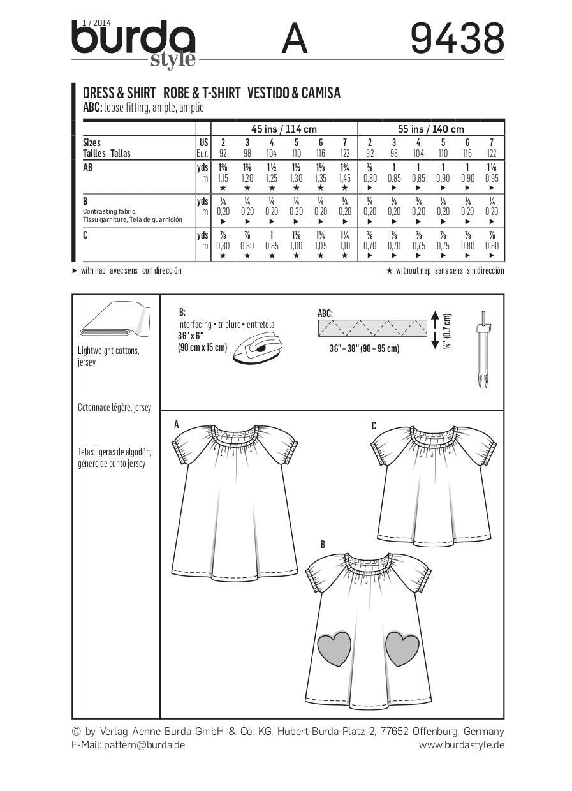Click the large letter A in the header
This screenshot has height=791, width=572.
[294, 39]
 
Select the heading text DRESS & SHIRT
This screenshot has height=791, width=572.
[120, 93]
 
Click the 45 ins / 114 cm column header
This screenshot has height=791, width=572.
[284, 129]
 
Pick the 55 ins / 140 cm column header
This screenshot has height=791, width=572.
[431, 129]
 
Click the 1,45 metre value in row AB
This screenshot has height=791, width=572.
[345, 179]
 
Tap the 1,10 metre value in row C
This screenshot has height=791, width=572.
[345, 245]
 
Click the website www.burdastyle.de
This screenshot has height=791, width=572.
[462, 744]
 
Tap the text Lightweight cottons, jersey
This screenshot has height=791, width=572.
[108, 357]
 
